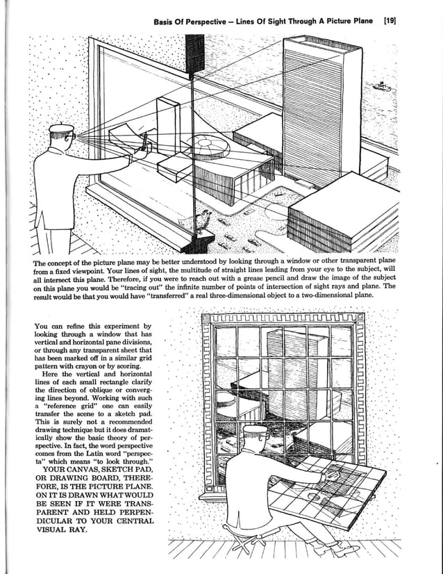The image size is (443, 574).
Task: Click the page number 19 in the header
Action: click(388, 21)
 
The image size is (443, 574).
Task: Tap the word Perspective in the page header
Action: click(208, 21)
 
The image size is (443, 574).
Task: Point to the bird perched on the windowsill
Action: click(204, 220)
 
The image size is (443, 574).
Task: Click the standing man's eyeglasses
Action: click(66, 138)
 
